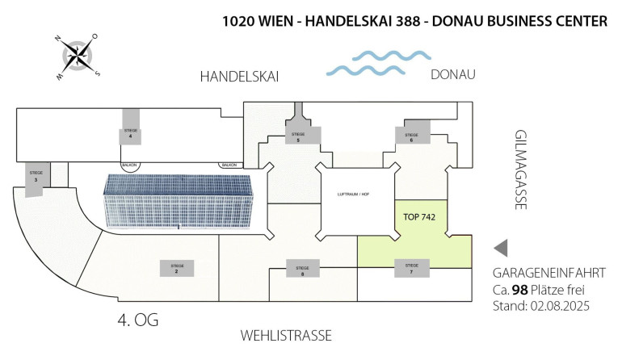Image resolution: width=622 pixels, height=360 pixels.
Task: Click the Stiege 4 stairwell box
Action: tap(130, 135)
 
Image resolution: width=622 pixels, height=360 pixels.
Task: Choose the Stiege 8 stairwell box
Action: tap(301, 270)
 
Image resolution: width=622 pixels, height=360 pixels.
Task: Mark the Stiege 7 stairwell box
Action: tap(411, 269)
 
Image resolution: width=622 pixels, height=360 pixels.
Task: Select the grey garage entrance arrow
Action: tap(501, 248)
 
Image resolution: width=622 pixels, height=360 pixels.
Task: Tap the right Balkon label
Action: tap(228, 165)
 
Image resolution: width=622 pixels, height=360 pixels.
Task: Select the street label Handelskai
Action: tap(239, 77)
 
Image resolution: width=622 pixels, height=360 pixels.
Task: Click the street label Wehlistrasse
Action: tap(286, 335)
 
